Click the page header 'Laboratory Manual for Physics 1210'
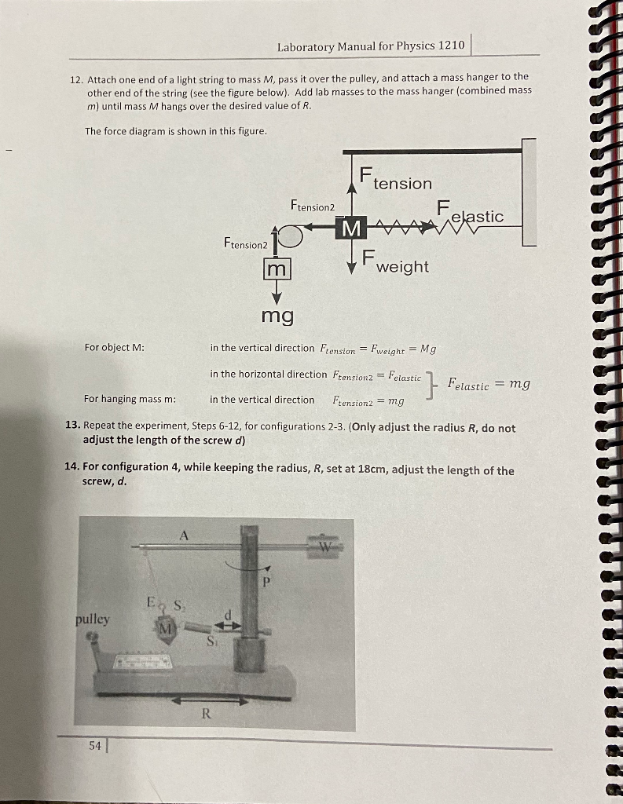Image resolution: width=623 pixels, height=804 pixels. coord(371,46)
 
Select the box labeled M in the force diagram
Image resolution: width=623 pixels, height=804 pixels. coord(353,228)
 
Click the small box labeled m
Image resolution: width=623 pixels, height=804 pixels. coord(277,269)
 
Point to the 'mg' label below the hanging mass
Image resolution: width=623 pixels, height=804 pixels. coord(277,316)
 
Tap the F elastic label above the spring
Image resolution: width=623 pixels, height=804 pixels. coord(470,212)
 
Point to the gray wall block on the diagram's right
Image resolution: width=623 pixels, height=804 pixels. coord(528,192)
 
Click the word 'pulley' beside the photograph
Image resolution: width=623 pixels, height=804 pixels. coord(93,619)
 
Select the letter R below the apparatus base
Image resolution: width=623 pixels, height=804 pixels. coord(206,714)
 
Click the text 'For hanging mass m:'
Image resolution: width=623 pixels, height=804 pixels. coord(130,399)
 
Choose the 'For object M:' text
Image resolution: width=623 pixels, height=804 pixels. coord(114,347)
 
